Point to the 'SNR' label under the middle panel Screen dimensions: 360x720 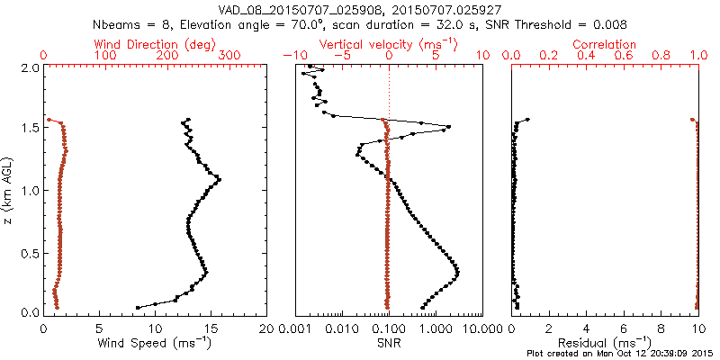[389, 344]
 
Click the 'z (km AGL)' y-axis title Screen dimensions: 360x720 [8, 190]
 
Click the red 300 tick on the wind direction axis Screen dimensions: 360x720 [229, 56]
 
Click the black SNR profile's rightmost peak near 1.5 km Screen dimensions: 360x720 [448, 127]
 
